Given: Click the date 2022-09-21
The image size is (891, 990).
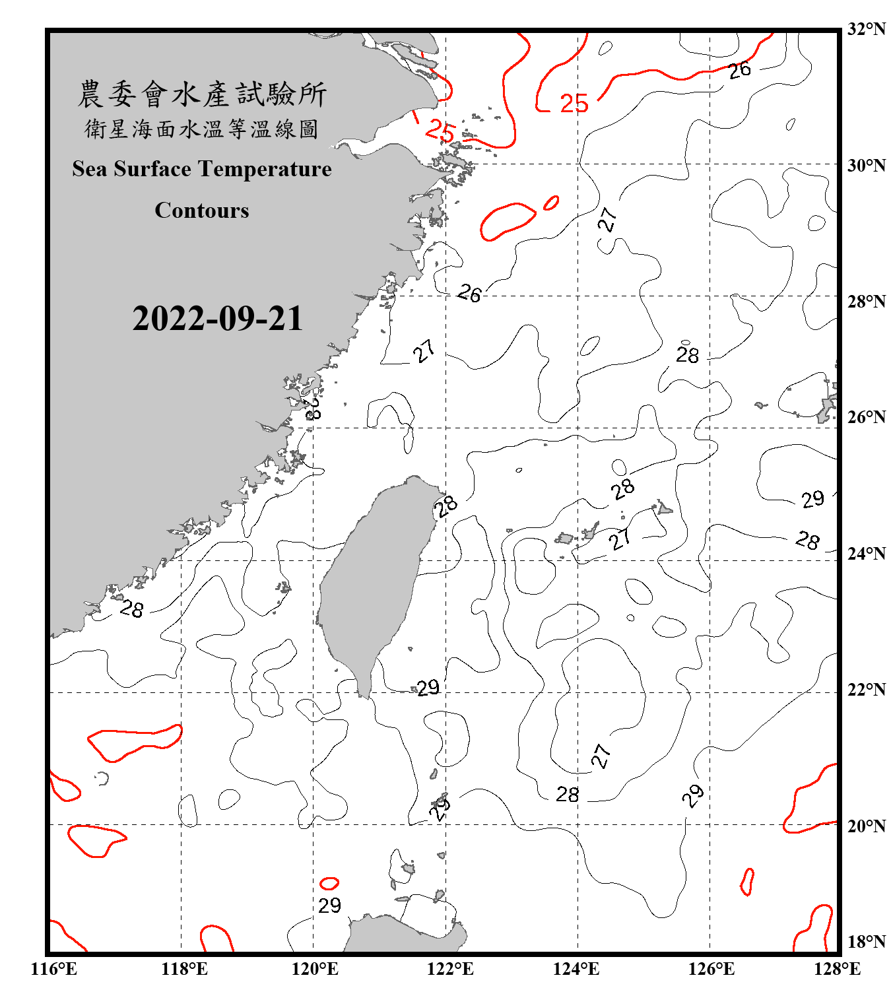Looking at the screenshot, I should pyautogui.click(x=217, y=319).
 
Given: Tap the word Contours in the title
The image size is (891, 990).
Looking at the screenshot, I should pyautogui.click(x=202, y=211).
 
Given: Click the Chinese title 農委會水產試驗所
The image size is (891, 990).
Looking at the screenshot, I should pyautogui.click(x=202, y=94).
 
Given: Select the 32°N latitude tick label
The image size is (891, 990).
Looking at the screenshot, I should pyautogui.click(x=866, y=29).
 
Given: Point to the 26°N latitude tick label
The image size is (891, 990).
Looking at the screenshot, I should pyautogui.click(x=866, y=417).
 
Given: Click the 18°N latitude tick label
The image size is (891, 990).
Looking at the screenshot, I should pyautogui.click(x=866, y=942).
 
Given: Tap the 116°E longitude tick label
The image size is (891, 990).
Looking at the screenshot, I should pyautogui.click(x=54, y=969).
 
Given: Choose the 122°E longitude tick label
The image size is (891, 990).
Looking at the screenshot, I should pyautogui.click(x=450, y=969).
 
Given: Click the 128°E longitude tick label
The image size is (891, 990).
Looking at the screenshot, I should pyautogui.click(x=837, y=969).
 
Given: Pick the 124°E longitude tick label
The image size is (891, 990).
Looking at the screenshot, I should pyautogui.click(x=576, y=969).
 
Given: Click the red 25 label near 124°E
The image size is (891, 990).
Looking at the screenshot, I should pyautogui.click(x=574, y=104).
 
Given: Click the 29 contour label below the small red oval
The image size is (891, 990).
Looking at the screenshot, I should pyautogui.click(x=329, y=906).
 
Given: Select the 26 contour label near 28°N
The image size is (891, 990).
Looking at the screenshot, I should pyautogui.click(x=469, y=293).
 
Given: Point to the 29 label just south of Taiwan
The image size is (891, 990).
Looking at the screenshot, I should pyautogui.click(x=428, y=688).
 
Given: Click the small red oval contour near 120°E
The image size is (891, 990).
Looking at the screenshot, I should pyautogui.click(x=329, y=883).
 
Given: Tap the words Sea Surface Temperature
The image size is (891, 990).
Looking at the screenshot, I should pyautogui.click(x=202, y=169).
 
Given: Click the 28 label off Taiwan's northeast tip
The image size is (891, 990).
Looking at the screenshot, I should pyautogui.click(x=446, y=506).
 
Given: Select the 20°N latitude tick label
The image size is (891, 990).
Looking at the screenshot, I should pyautogui.click(x=866, y=826).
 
